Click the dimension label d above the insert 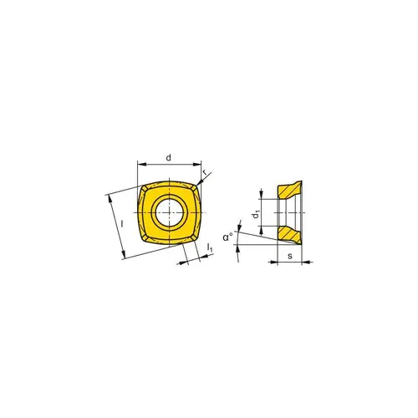[169, 156]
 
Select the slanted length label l [122, 224]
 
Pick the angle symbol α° [227, 237]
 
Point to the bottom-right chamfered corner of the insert [196, 237]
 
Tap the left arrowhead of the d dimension [139, 165]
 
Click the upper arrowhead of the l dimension [109, 197]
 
